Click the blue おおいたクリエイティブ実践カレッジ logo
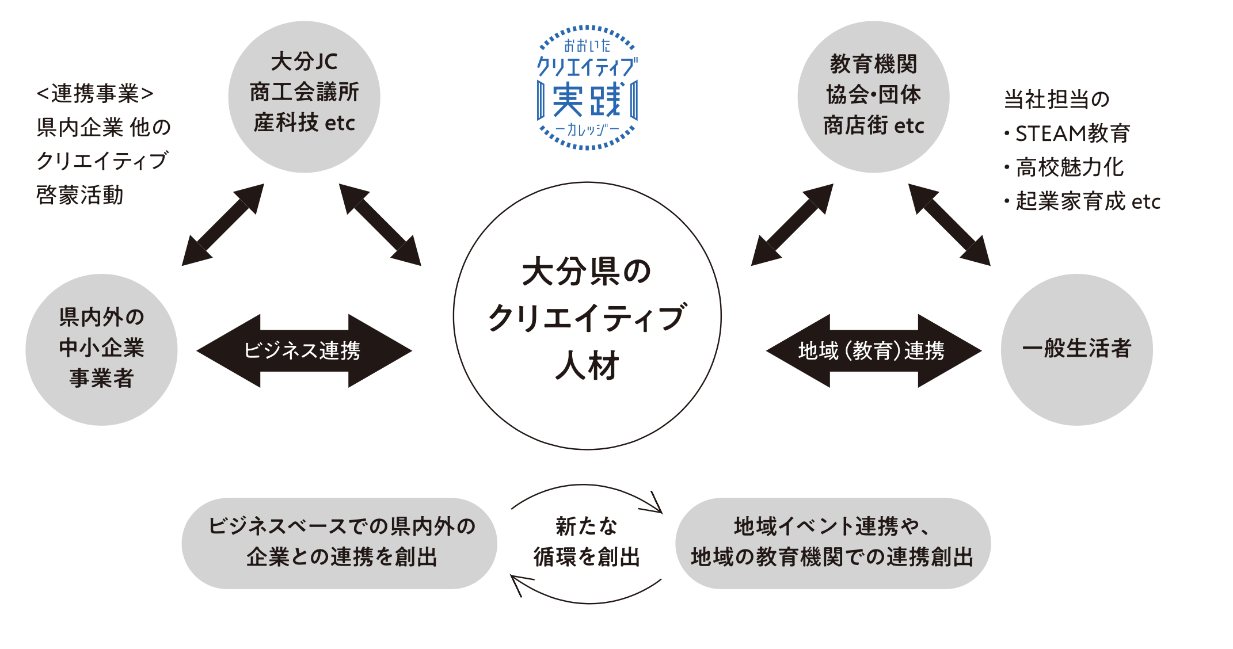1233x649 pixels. pyautogui.click(x=587, y=87)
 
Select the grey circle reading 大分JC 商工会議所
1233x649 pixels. pyautogui.click(x=304, y=97)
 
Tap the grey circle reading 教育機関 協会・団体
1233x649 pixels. pyautogui.click(x=873, y=97)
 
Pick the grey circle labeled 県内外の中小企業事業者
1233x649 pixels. pyautogui.click(x=101, y=349)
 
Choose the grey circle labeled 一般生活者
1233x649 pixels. pyautogui.click(x=1076, y=349)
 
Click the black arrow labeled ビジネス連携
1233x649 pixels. pyautogui.click(x=304, y=350)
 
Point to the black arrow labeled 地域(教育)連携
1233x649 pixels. pyautogui.click(x=873, y=350)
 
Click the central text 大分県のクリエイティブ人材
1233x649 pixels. pyautogui.click(x=587, y=318)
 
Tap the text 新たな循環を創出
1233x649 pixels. pyautogui.click(x=587, y=541)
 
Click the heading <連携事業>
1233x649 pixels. pyautogui.click(x=95, y=94)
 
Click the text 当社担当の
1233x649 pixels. pyautogui.click(x=1056, y=100)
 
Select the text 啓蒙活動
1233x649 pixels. pyautogui.click(x=79, y=195)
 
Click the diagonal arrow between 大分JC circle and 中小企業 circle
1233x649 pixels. pyautogui.click(x=223, y=224)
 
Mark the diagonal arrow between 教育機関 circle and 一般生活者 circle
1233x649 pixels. pyautogui.click(x=949, y=224)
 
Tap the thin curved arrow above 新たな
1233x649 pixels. pyautogui.click(x=587, y=489)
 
